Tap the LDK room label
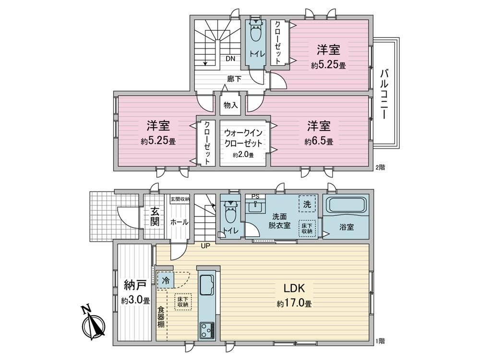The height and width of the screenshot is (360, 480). pyautogui.click(x=294, y=288)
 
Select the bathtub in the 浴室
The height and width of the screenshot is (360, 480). pyautogui.click(x=346, y=204)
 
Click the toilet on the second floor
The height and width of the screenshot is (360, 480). pyautogui.click(x=255, y=31)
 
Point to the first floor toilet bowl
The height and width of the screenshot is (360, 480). pyautogui.click(x=229, y=214)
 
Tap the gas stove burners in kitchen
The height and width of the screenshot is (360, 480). pyautogui.click(x=206, y=331)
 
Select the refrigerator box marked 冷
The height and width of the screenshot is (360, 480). pyautogui.click(x=166, y=280)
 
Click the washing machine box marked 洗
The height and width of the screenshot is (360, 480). pyautogui.click(x=307, y=204)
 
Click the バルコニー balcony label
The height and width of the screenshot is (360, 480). pyautogui.click(x=384, y=94)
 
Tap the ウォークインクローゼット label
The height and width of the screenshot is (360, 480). pyautogui.click(x=243, y=138)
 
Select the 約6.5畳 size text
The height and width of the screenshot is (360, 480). pyautogui.click(x=319, y=142)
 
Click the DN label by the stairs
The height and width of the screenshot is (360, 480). pyautogui.click(x=230, y=59)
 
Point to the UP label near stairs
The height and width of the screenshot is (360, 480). pyautogui.click(x=205, y=245)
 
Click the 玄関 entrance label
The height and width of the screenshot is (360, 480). pyautogui.click(x=155, y=216)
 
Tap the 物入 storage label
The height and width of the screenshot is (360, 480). pyautogui.click(x=230, y=106)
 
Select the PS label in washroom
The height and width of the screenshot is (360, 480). pyautogui.click(x=255, y=196)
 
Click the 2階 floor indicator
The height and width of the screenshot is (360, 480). pyautogui.click(x=380, y=168)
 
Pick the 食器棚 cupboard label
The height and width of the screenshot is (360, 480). pyautogui.click(x=161, y=317)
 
